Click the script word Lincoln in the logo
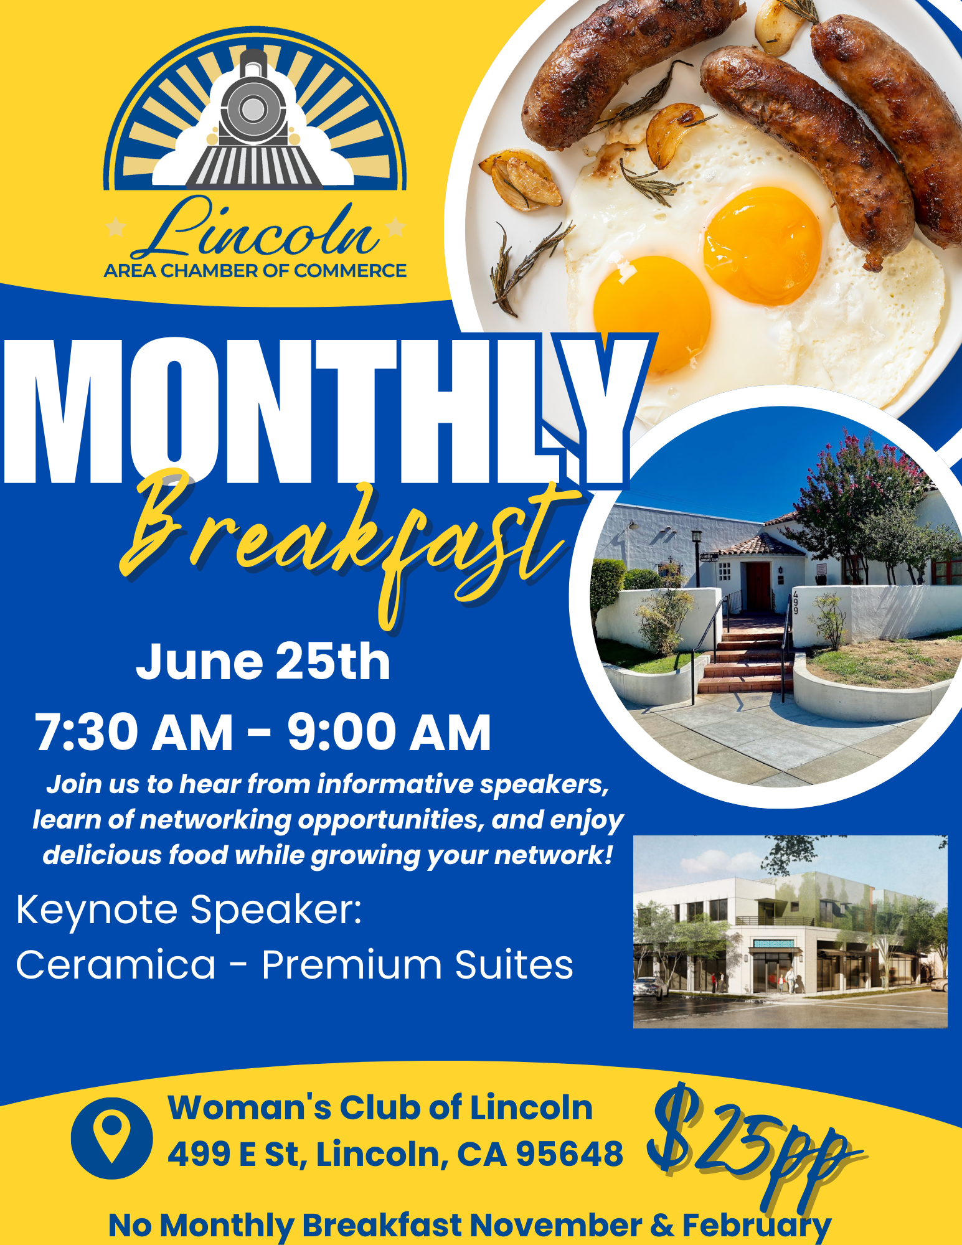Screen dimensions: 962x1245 pos(255,228)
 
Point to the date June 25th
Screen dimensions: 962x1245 pos(263,661)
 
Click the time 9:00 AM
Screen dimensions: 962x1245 pos(389,732)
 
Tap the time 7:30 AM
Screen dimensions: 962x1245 pos(134,732)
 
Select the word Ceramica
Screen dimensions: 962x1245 pos(116,965)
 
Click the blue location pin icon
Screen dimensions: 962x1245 pos(111,1137)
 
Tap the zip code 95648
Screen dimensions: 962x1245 pos(570,1154)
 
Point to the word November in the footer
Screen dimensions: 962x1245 pos(555,1225)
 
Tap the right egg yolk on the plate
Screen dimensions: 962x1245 pos(762,245)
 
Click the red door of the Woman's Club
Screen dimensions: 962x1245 pos(759,586)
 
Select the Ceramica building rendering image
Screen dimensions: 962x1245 pos(790,931)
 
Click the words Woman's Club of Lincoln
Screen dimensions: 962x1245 pos(380,1108)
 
